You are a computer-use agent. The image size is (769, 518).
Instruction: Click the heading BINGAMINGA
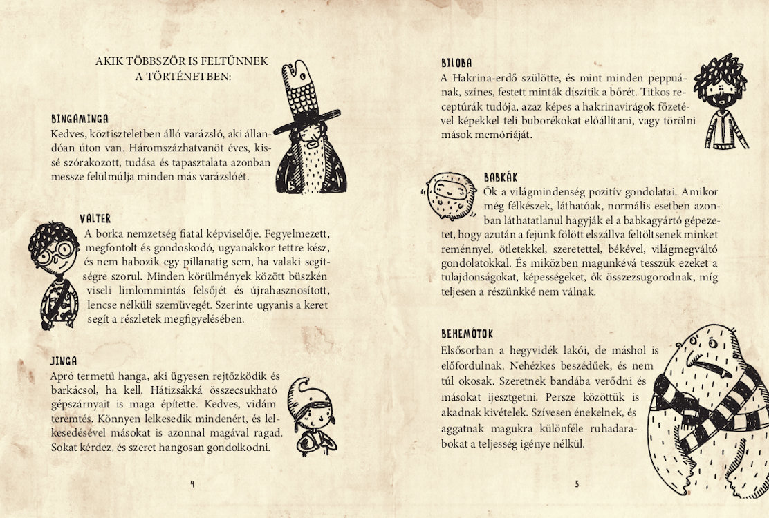pos(80,119)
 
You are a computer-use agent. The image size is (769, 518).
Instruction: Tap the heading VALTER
pos(95,219)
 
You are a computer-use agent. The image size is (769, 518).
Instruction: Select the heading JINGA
pos(64,361)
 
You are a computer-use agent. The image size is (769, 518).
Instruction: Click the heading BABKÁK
pos(501,178)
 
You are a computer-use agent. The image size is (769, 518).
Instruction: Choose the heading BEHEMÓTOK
pos(467,334)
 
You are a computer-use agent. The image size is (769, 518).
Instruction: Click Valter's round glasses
pos(51,256)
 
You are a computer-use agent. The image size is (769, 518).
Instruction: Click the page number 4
pos(192,484)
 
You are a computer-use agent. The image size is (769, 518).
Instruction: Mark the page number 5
pos(577,484)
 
